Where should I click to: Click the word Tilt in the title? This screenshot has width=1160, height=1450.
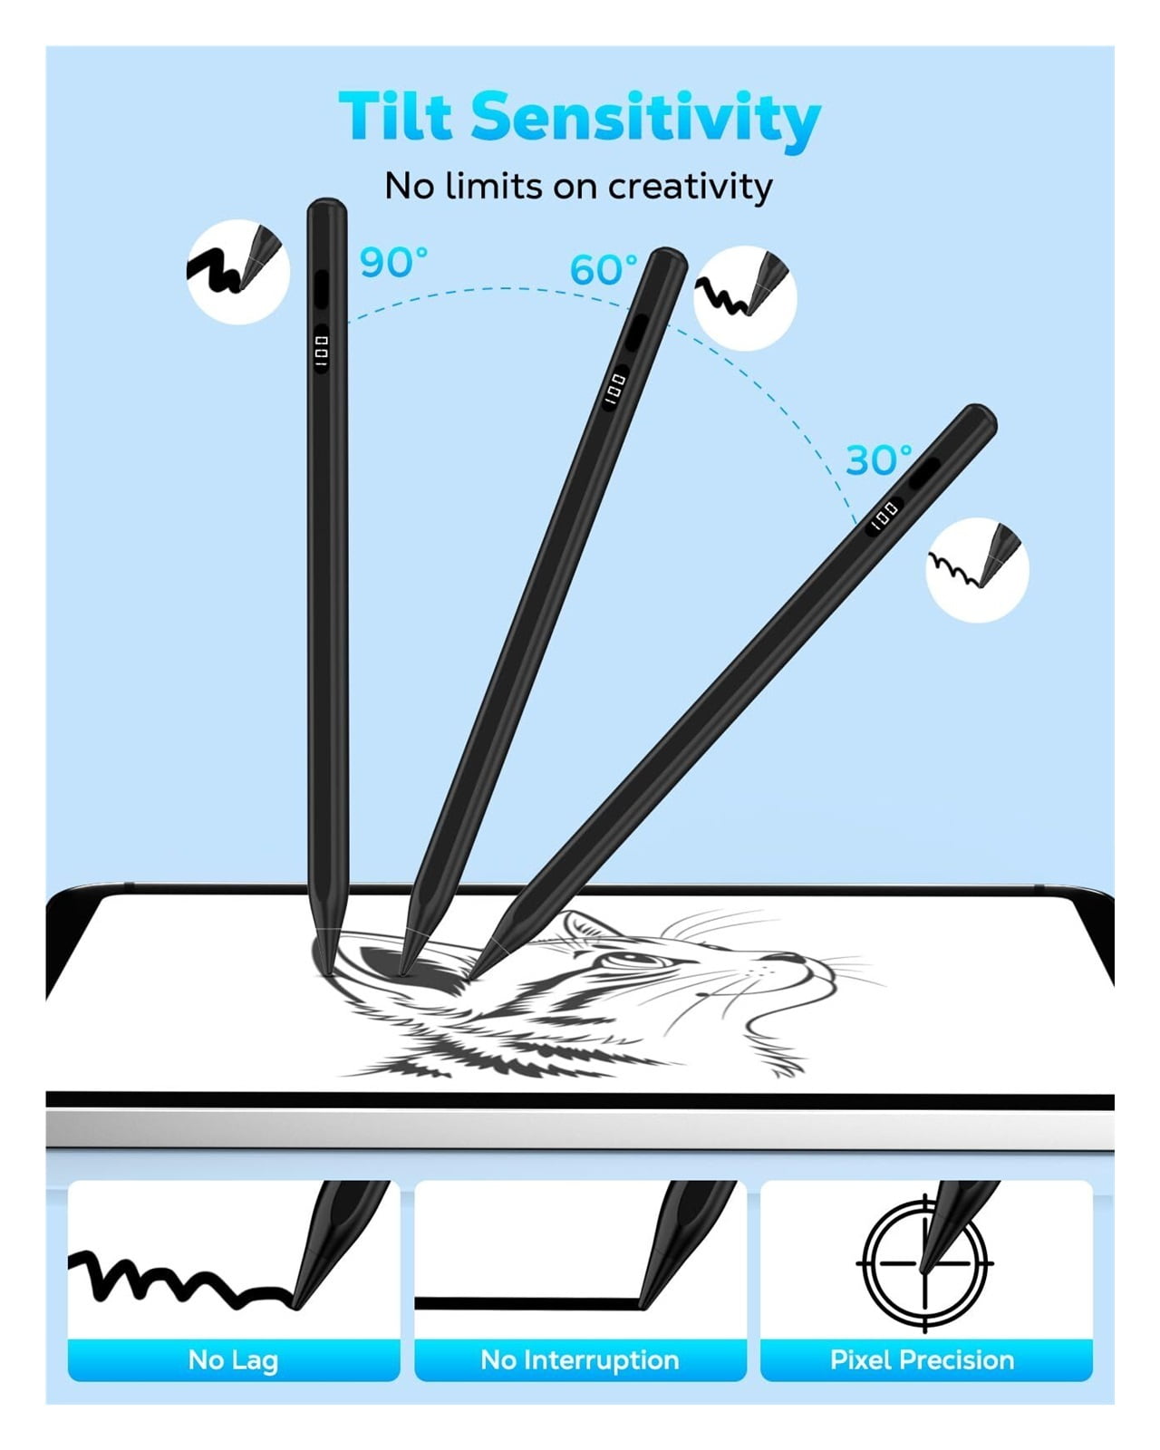[x=395, y=116]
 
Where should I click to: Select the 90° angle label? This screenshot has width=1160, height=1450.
[x=393, y=262]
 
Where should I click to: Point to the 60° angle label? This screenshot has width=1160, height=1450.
[x=604, y=269]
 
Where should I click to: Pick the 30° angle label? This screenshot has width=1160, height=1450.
[x=878, y=460]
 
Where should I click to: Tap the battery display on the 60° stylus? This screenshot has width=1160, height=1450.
[x=614, y=388]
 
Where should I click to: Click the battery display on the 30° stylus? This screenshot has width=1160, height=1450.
[x=885, y=517]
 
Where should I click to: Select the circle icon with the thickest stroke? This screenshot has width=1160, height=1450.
[x=238, y=272]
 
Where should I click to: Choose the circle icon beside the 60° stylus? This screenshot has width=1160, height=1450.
[x=745, y=298]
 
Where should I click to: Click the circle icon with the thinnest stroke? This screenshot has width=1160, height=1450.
[x=977, y=569]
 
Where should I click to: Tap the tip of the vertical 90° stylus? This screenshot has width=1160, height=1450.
[x=328, y=973]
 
